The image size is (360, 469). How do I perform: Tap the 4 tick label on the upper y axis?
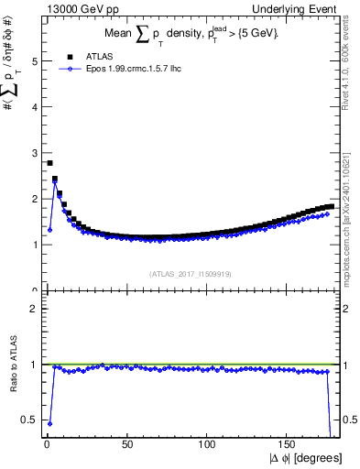32,107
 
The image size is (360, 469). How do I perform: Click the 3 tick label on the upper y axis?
32,153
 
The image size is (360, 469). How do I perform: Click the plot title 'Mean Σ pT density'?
188,34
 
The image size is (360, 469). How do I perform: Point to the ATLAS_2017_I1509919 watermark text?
189,273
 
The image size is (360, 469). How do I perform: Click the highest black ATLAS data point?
49,163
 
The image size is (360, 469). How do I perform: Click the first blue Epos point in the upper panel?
49,230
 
